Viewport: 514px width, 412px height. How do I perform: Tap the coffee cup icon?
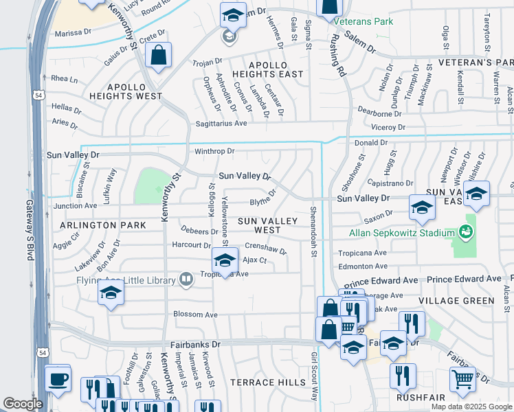coord(57,377)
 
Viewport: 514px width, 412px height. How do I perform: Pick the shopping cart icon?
coord(463,378)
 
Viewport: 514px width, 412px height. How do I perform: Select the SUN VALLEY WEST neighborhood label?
coord(268,225)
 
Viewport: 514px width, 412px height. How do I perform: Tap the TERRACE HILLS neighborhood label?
coord(268,382)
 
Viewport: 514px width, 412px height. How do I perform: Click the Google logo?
coord(23,404)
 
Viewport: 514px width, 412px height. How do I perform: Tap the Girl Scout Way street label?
coord(315,377)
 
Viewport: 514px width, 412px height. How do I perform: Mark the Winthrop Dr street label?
coord(214,151)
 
